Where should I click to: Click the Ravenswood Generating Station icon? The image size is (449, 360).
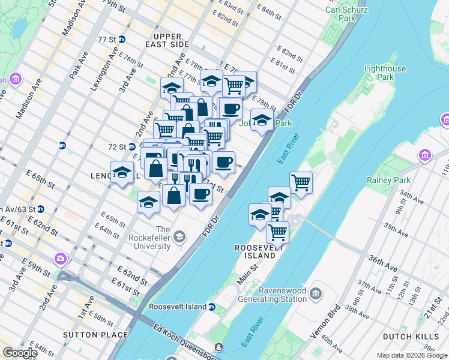[x=317, y=293]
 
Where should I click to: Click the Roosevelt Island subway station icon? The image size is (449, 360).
[x=211, y=307]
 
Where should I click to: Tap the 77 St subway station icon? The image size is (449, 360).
[x=122, y=40]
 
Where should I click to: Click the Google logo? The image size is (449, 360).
[x=20, y=352]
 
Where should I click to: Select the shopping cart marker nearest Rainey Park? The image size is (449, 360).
[x=301, y=182]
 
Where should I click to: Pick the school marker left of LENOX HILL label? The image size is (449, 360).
[x=122, y=172]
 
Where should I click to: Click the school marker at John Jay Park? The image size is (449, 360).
[x=262, y=119]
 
